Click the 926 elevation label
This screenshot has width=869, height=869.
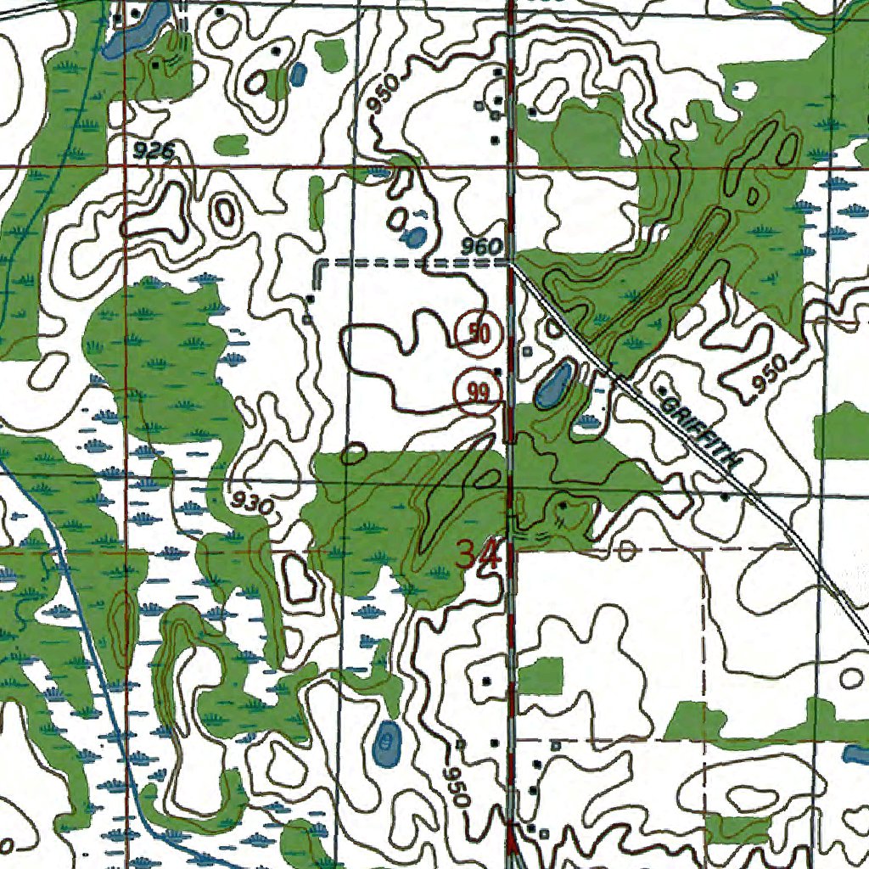tap(154, 151)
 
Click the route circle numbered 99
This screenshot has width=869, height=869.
tap(478, 392)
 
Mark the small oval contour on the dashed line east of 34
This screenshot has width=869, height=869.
tap(627, 550)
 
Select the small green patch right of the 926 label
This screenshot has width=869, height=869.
tap(230, 144)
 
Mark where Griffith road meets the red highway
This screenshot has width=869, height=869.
tap(512, 263)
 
